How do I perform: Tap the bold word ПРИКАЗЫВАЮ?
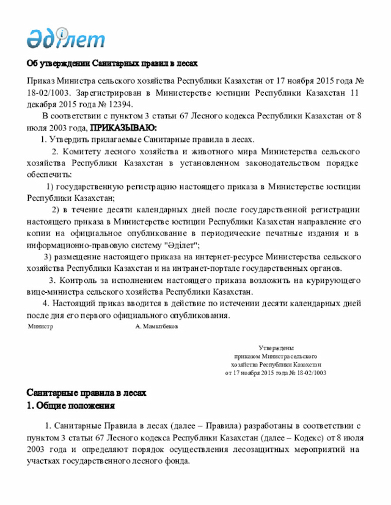coord(123,127)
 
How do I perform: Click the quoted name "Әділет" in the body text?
coord(181,245)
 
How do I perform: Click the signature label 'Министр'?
coord(41,327)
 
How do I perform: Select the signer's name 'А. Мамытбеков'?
coord(156,327)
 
